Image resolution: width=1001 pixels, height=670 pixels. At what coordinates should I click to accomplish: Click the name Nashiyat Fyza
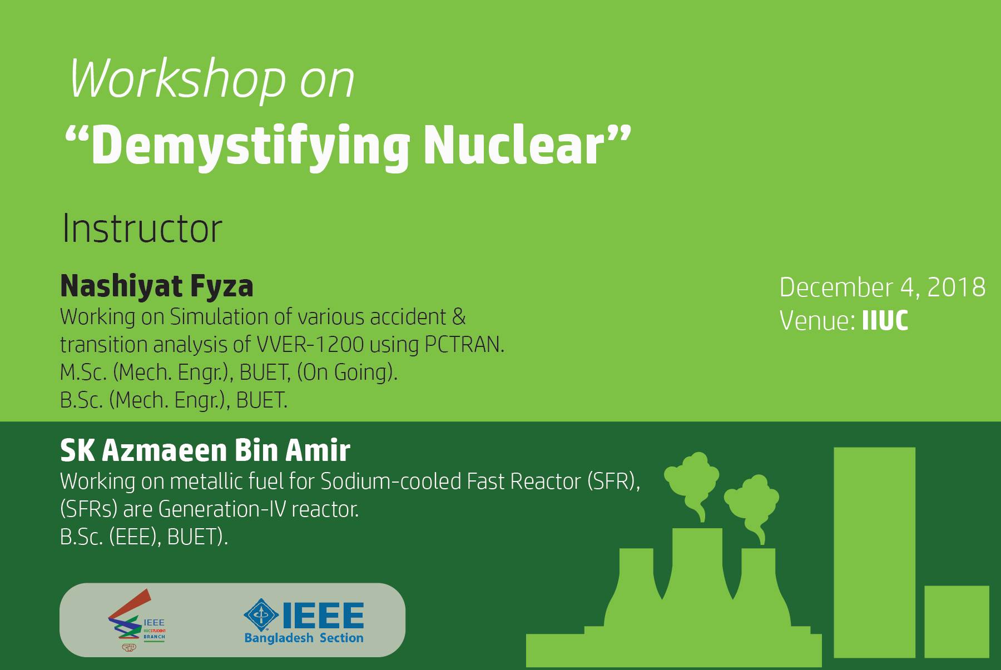pyautogui.click(x=156, y=286)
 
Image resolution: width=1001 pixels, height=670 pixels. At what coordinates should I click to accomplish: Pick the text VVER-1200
pyautogui.click(x=310, y=345)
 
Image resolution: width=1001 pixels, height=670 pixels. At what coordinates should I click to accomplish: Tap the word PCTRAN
pyautogui.click(x=464, y=345)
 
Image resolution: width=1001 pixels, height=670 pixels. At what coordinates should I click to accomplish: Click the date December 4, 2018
pyautogui.click(x=883, y=287)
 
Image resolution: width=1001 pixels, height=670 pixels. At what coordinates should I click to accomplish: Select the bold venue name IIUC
pyautogui.click(x=885, y=321)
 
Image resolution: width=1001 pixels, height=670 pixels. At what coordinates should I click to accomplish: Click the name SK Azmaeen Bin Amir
pyautogui.click(x=205, y=450)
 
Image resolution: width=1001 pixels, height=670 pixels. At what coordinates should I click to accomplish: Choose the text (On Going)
pyautogui.click(x=348, y=373)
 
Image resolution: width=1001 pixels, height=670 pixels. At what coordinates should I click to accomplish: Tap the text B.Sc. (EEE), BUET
pyautogui.click(x=144, y=537)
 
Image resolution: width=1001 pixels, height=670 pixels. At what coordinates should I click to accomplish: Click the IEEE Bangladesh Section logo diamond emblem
pyautogui.click(x=261, y=616)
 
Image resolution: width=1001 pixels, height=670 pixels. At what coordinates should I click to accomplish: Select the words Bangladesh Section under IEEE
pyautogui.click(x=304, y=638)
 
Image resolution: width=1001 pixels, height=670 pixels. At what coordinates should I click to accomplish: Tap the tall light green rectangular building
pyautogui.click(x=874, y=552)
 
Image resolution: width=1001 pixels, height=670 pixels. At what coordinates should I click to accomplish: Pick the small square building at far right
pyautogui.click(x=957, y=622)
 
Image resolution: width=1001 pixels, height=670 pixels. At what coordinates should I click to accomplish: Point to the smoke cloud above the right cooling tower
pyautogui.click(x=751, y=503)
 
